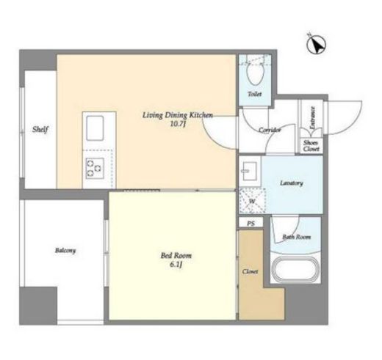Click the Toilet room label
255,94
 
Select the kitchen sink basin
95,128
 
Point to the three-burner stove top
95,168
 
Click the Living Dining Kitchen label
178,115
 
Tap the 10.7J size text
178,124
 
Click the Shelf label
40,129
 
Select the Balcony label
65,251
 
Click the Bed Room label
176,256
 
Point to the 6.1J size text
176,265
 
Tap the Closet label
251,271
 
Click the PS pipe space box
251,223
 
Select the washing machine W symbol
252,202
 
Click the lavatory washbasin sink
249,171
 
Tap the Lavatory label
292,183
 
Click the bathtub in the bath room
296,270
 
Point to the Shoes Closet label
311,146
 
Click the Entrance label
312,118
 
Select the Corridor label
270,130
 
